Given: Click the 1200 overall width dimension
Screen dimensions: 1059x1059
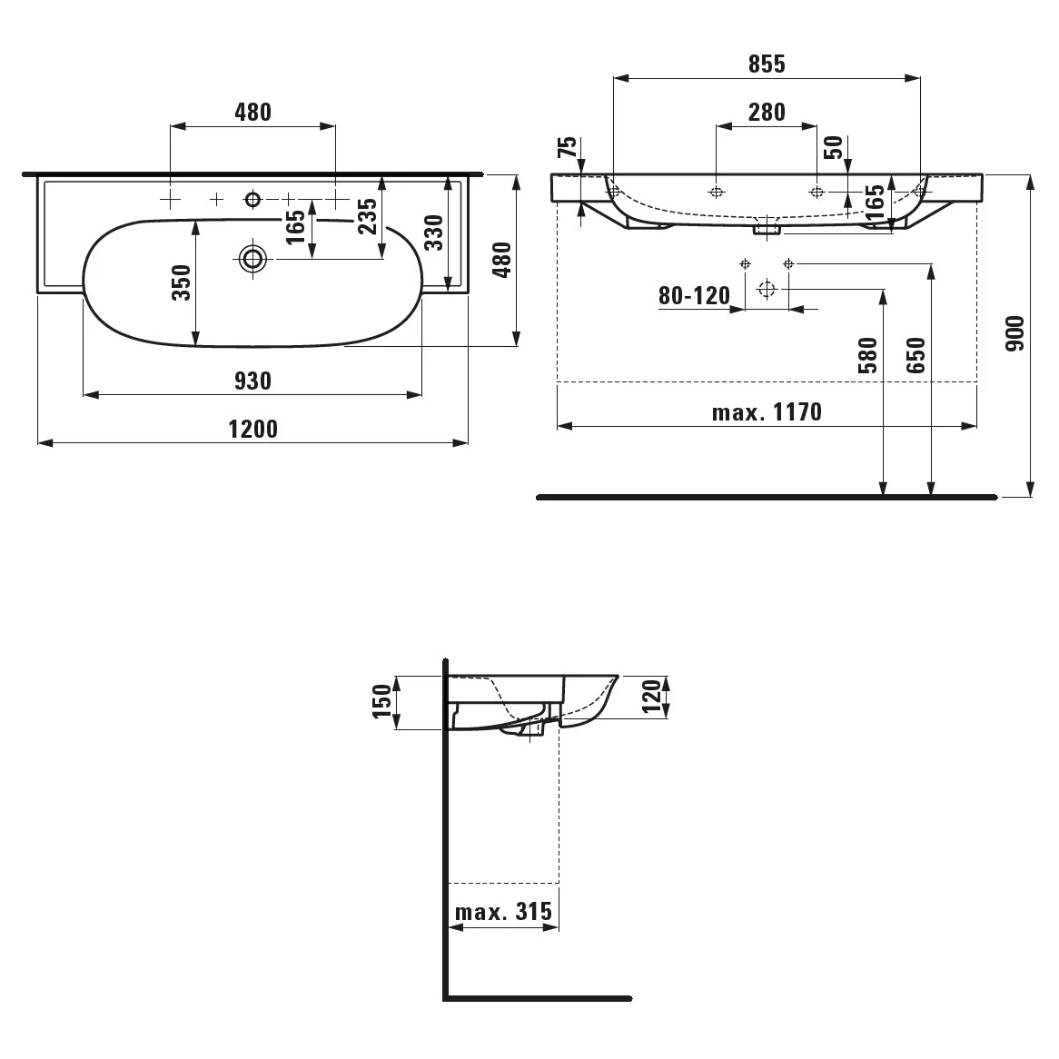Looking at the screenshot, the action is point(253,430).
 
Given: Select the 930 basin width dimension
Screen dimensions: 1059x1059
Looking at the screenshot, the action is point(253,381).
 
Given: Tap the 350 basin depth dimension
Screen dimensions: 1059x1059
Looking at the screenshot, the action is point(181,282).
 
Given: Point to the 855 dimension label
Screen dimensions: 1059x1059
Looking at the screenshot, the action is point(767,64).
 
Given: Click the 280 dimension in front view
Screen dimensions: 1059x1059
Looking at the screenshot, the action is point(767,112).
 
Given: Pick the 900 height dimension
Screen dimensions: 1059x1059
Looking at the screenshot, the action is point(1014,333).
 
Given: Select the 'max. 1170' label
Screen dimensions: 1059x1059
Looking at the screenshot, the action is point(767,412).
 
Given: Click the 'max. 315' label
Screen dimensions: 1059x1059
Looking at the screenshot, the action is point(503,912).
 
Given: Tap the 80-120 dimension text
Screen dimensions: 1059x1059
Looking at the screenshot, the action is point(694,296).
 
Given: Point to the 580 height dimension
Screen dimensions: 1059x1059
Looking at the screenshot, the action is point(867,355).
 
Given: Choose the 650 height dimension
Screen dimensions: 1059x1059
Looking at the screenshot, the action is point(915,355).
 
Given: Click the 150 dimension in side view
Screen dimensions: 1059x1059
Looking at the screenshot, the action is point(381,701).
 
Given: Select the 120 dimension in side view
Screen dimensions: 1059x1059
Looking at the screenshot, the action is point(650,697).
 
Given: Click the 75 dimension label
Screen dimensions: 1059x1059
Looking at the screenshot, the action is point(568,146).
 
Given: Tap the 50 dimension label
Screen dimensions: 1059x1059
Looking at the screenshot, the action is point(834,147).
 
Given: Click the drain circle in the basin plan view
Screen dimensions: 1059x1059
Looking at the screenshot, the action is point(253,258).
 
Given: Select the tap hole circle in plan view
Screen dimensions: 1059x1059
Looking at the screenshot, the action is point(253,199).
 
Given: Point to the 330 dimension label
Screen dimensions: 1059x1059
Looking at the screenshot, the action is point(433,233).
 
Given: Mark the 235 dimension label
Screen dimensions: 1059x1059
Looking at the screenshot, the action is point(367,216).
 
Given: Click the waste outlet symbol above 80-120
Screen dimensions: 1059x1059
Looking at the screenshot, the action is point(766,289).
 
